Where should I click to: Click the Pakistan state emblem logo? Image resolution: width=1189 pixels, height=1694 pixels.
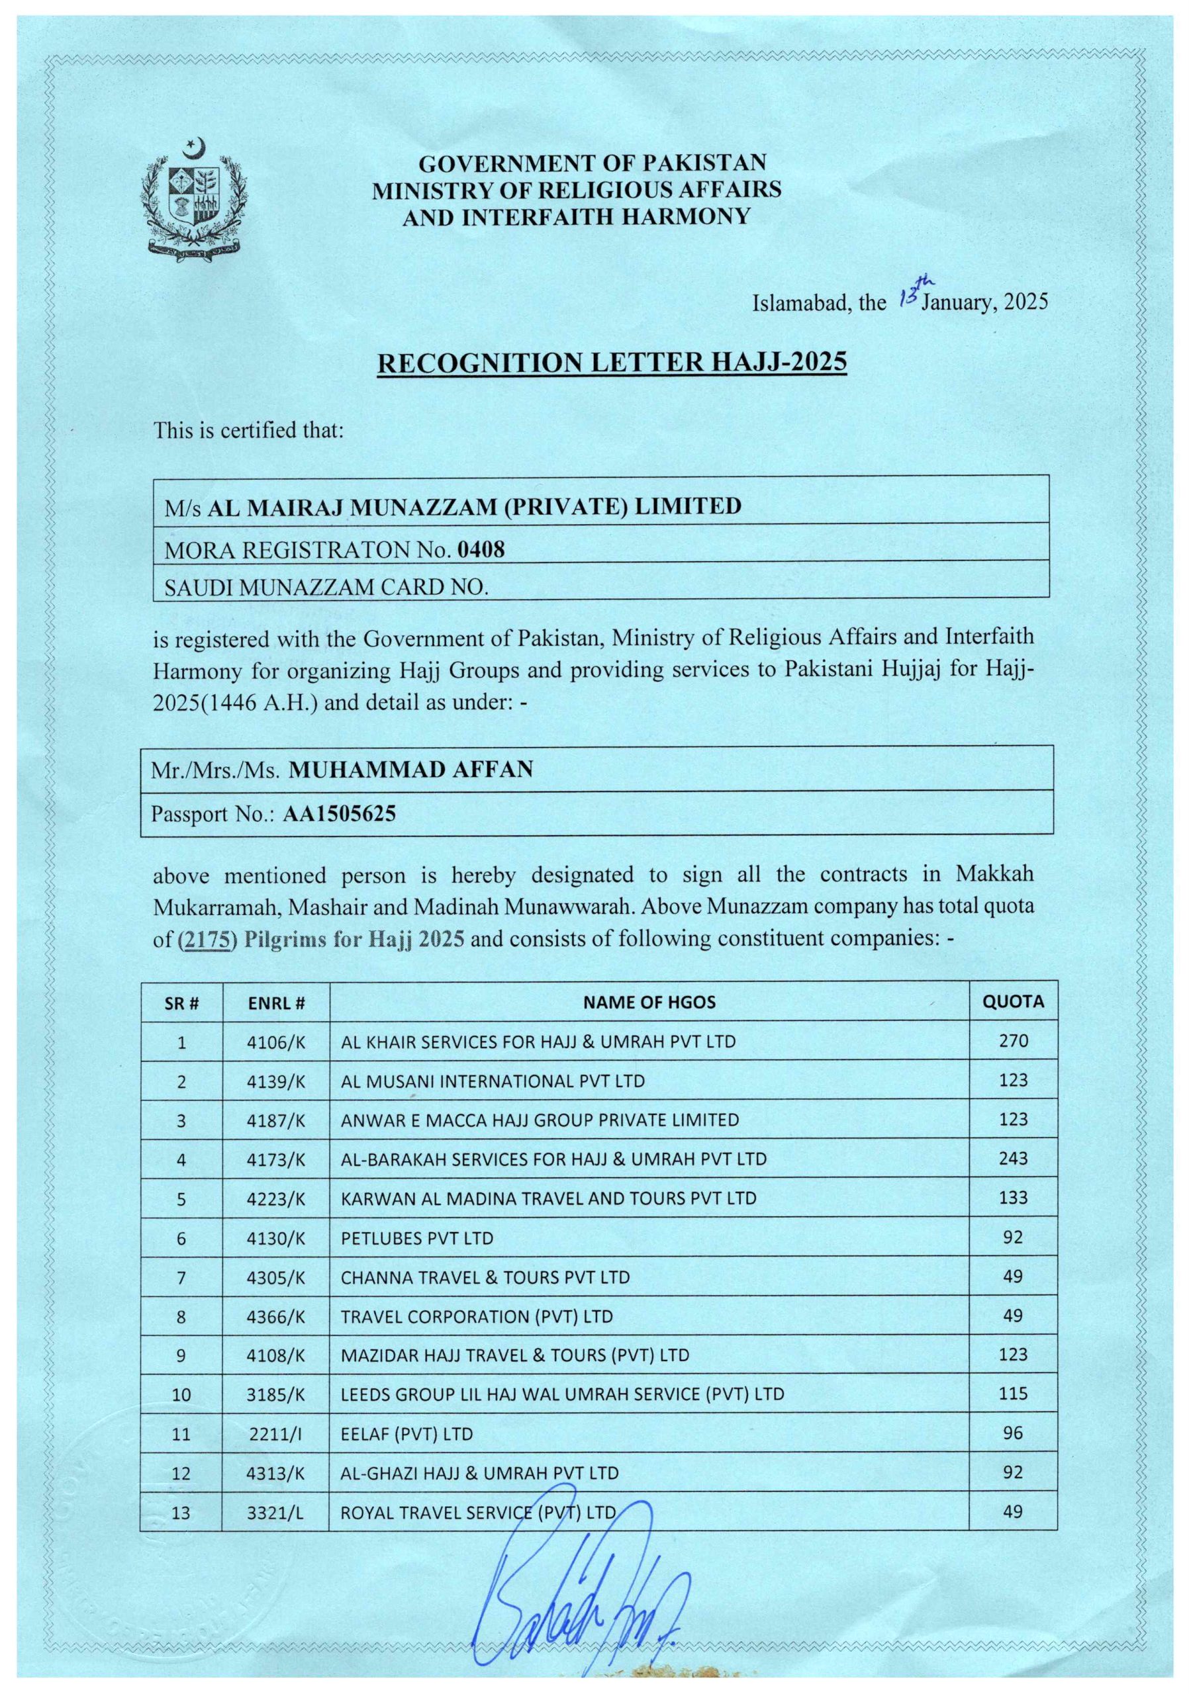[x=194, y=199]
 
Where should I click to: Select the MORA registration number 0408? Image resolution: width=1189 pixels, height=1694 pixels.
[x=481, y=550]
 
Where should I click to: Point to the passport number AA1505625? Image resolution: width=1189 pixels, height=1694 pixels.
[x=340, y=813]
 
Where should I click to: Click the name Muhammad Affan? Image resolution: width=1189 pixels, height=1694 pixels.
[x=410, y=770]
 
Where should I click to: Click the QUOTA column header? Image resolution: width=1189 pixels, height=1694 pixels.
[x=1013, y=1001]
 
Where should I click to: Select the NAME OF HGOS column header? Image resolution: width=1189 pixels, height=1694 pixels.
[x=649, y=1002]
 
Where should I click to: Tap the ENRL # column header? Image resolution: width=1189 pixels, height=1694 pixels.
[x=276, y=1003]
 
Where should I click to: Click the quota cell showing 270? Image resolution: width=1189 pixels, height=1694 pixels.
[x=1013, y=1040]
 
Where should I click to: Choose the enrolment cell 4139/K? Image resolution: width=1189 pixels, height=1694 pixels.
[x=276, y=1081]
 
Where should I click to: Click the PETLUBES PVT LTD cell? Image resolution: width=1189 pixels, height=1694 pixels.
[x=417, y=1238]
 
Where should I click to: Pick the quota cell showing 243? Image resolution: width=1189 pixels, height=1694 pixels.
[x=1013, y=1159]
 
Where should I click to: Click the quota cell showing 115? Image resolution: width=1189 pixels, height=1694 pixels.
[x=1013, y=1394]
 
